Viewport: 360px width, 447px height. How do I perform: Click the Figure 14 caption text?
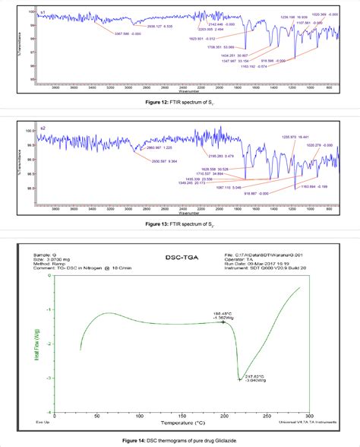tap(179, 441)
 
